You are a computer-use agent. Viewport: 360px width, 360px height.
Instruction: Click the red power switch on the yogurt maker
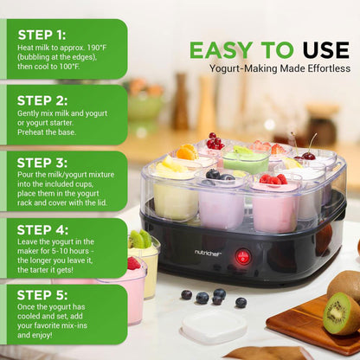[243, 256]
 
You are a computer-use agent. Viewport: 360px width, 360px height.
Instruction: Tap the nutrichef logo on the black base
[208, 252]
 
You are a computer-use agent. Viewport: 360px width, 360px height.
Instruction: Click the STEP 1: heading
[42, 35]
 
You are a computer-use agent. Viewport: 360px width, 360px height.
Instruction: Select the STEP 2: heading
[42, 100]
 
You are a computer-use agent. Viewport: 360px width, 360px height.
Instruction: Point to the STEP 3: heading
[42, 163]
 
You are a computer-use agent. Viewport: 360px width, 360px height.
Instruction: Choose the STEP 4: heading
[42, 229]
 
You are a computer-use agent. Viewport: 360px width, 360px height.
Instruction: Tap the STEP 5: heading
[42, 294]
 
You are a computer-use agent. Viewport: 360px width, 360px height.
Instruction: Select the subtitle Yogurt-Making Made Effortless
[279, 67]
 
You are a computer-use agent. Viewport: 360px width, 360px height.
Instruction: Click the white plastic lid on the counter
[214, 327]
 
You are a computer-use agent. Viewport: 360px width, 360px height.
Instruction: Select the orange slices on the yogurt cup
[186, 151]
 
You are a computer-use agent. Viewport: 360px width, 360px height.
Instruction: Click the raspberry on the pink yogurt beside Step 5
[133, 263]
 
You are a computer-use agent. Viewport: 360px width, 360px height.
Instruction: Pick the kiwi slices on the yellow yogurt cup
[140, 239]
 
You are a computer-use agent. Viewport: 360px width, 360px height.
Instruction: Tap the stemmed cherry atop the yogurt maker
[308, 154]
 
